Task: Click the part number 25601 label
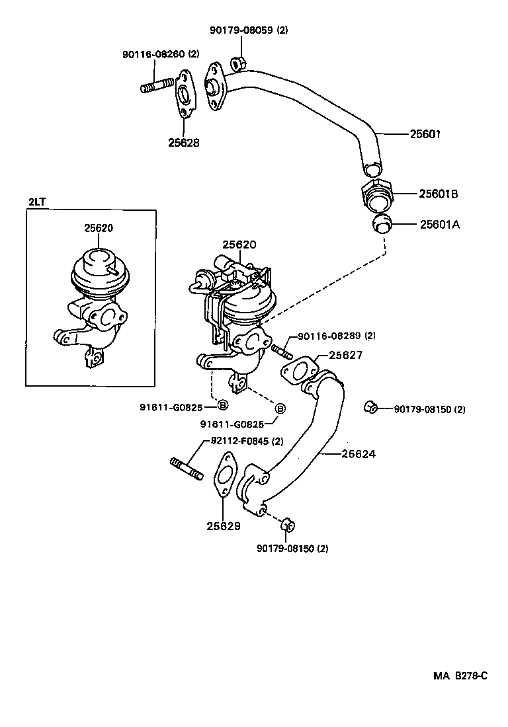coord(425,134)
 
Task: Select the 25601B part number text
coord(439,194)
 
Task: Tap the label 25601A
coord(439,225)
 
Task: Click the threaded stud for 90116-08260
coord(156,87)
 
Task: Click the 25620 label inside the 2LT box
coord(99,228)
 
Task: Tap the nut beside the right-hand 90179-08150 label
coord(371,406)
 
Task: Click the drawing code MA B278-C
coord(460,675)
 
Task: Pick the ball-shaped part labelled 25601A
coord(382,224)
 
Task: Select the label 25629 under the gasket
coord(223,527)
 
